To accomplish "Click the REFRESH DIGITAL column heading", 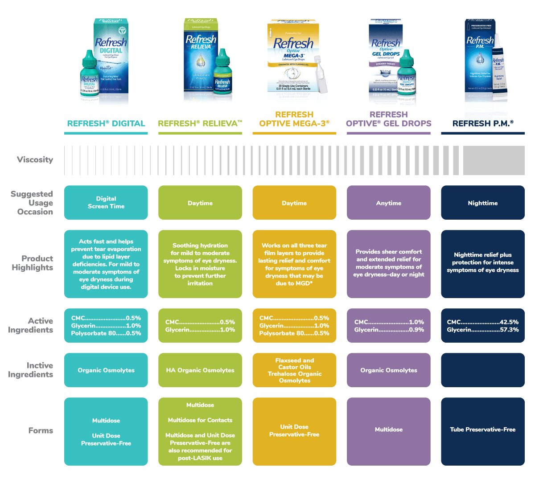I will click(106, 123).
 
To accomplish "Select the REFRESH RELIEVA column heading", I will click(200, 123).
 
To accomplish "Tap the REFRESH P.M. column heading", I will click(483, 123).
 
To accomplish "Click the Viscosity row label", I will click(35, 160).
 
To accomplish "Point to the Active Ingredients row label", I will click(30, 325).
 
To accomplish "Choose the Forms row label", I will click(41, 430).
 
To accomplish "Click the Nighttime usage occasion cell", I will click(483, 203).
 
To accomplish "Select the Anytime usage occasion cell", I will click(388, 203).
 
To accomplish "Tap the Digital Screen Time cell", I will click(106, 203).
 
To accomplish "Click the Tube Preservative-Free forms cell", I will click(483, 430).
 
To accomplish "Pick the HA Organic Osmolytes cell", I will click(200, 370).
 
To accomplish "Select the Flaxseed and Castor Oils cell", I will click(294, 364).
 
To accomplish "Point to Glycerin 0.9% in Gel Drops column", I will click(389, 330).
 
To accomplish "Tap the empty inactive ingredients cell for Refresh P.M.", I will click(483, 370).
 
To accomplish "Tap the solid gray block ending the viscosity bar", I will click(494, 160).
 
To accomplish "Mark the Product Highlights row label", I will click(32, 263).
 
